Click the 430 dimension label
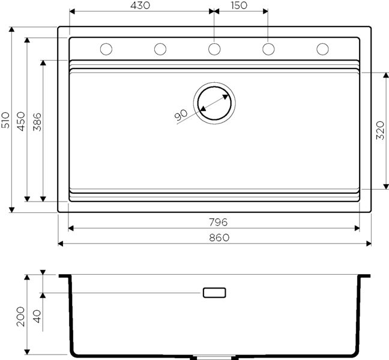[140, 5]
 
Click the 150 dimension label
[239, 5]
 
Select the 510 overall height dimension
[5, 120]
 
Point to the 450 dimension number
[21, 121]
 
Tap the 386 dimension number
[37, 122]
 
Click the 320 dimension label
[380, 130]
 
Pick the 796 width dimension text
[219, 223]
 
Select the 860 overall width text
[219, 238]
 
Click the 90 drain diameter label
[181, 115]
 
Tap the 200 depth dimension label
[20, 317]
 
